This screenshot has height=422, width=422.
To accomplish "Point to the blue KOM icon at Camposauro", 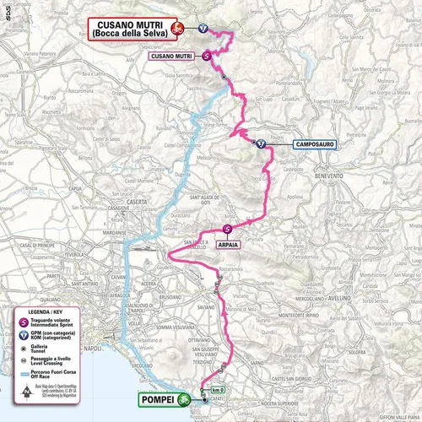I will (261, 143).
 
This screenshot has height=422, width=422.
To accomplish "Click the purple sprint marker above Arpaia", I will (227, 229).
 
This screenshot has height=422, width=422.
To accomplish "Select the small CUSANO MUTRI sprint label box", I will (172, 57).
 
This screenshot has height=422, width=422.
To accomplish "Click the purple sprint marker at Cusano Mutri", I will (208, 56).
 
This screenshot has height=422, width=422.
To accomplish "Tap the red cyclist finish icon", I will (177, 29).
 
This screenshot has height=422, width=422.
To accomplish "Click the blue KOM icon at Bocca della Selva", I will (203, 28).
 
